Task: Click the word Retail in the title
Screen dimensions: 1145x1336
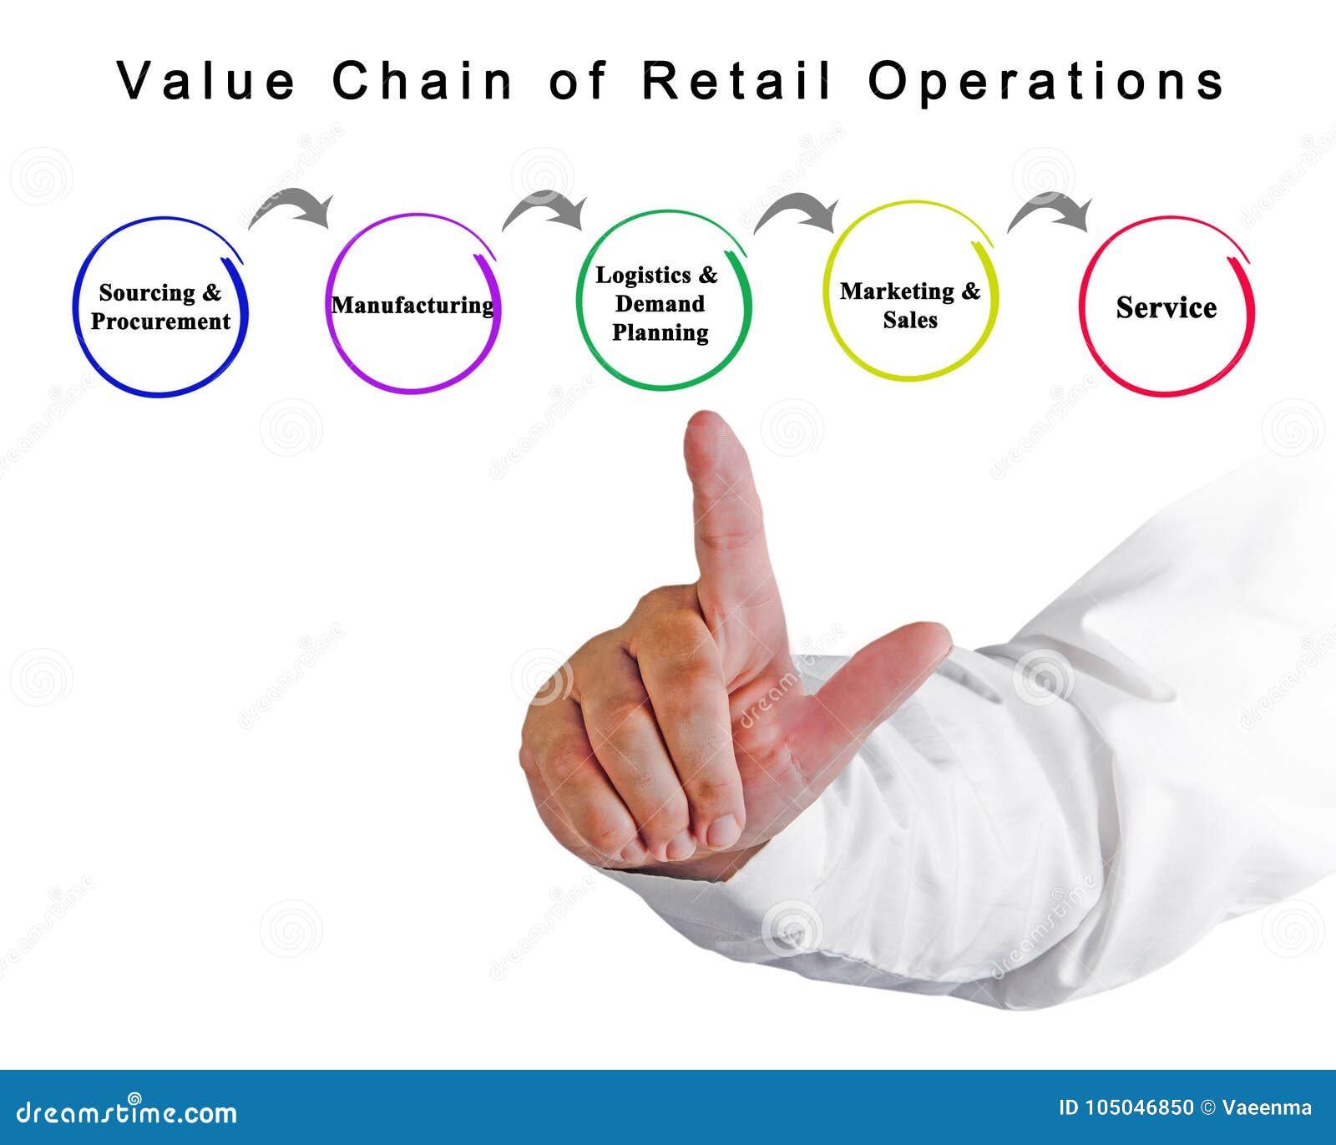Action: pos(737,82)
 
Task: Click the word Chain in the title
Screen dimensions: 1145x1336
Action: pos(422,82)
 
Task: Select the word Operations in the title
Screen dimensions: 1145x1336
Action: pos(1045,82)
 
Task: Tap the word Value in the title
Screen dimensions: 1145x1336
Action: pos(205,82)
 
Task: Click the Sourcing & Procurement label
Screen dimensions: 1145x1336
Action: pos(160,307)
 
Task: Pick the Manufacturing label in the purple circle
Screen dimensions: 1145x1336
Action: pos(412,305)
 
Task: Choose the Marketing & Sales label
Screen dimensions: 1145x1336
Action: pos(910,305)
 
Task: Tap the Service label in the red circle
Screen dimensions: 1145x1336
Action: pos(1166,307)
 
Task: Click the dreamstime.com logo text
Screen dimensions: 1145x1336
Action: pos(127,1112)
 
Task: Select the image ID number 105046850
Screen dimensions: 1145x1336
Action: pos(1140,1108)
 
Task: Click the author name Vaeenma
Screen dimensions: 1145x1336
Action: pos(1267,1108)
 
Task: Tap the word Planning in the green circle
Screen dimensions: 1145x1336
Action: pos(660,332)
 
